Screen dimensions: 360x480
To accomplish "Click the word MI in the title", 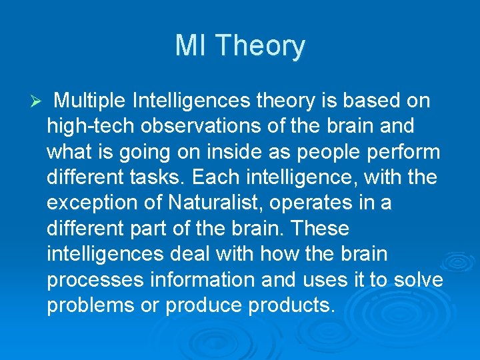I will [x=191, y=46].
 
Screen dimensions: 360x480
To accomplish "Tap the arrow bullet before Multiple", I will [x=37, y=101].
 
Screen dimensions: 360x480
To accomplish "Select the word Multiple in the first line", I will [x=90, y=101].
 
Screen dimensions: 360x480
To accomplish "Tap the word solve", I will [x=418, y=280].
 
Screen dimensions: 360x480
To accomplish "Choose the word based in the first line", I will [x=367, y=101].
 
